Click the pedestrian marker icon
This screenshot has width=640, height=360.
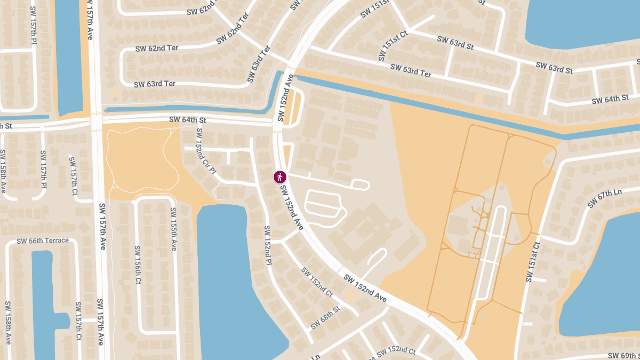279,177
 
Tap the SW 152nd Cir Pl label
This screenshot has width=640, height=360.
206,151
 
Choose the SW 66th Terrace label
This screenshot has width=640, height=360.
43,241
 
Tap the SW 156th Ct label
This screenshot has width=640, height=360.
137,265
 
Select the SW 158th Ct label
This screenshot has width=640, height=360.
7,323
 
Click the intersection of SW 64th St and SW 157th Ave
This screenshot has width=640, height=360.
97,123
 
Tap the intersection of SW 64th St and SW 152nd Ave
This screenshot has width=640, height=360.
278,124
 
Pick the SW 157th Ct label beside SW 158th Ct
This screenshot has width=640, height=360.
78,321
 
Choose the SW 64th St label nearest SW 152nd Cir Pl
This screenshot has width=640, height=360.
187,120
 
